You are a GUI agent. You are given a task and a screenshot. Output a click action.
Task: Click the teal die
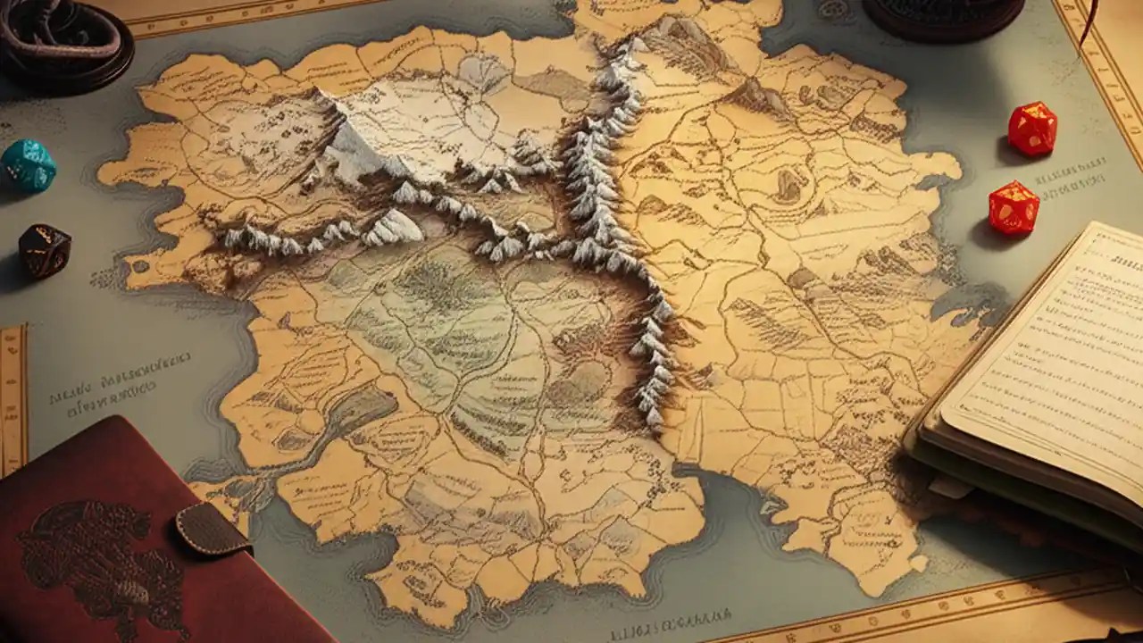[28, 165]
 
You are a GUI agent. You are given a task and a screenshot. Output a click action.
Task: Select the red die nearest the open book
[1014, 208]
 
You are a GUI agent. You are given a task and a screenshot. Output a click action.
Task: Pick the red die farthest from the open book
[1032, 129]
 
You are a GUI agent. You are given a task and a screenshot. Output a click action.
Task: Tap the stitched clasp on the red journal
[213, 530]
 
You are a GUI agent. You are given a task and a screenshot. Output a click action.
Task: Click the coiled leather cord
[63, 40]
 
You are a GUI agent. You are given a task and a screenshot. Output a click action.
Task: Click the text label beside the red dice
[1072, 174]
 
